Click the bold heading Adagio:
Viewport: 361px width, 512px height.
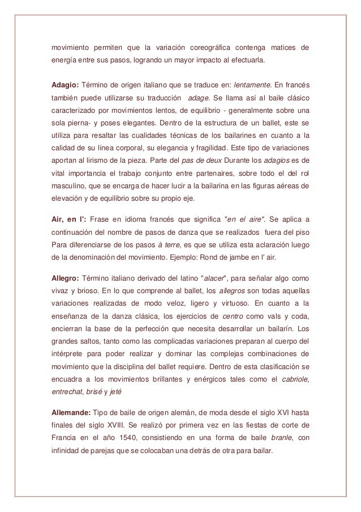pos(64,85)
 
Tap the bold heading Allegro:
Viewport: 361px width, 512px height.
pos(65,278)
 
